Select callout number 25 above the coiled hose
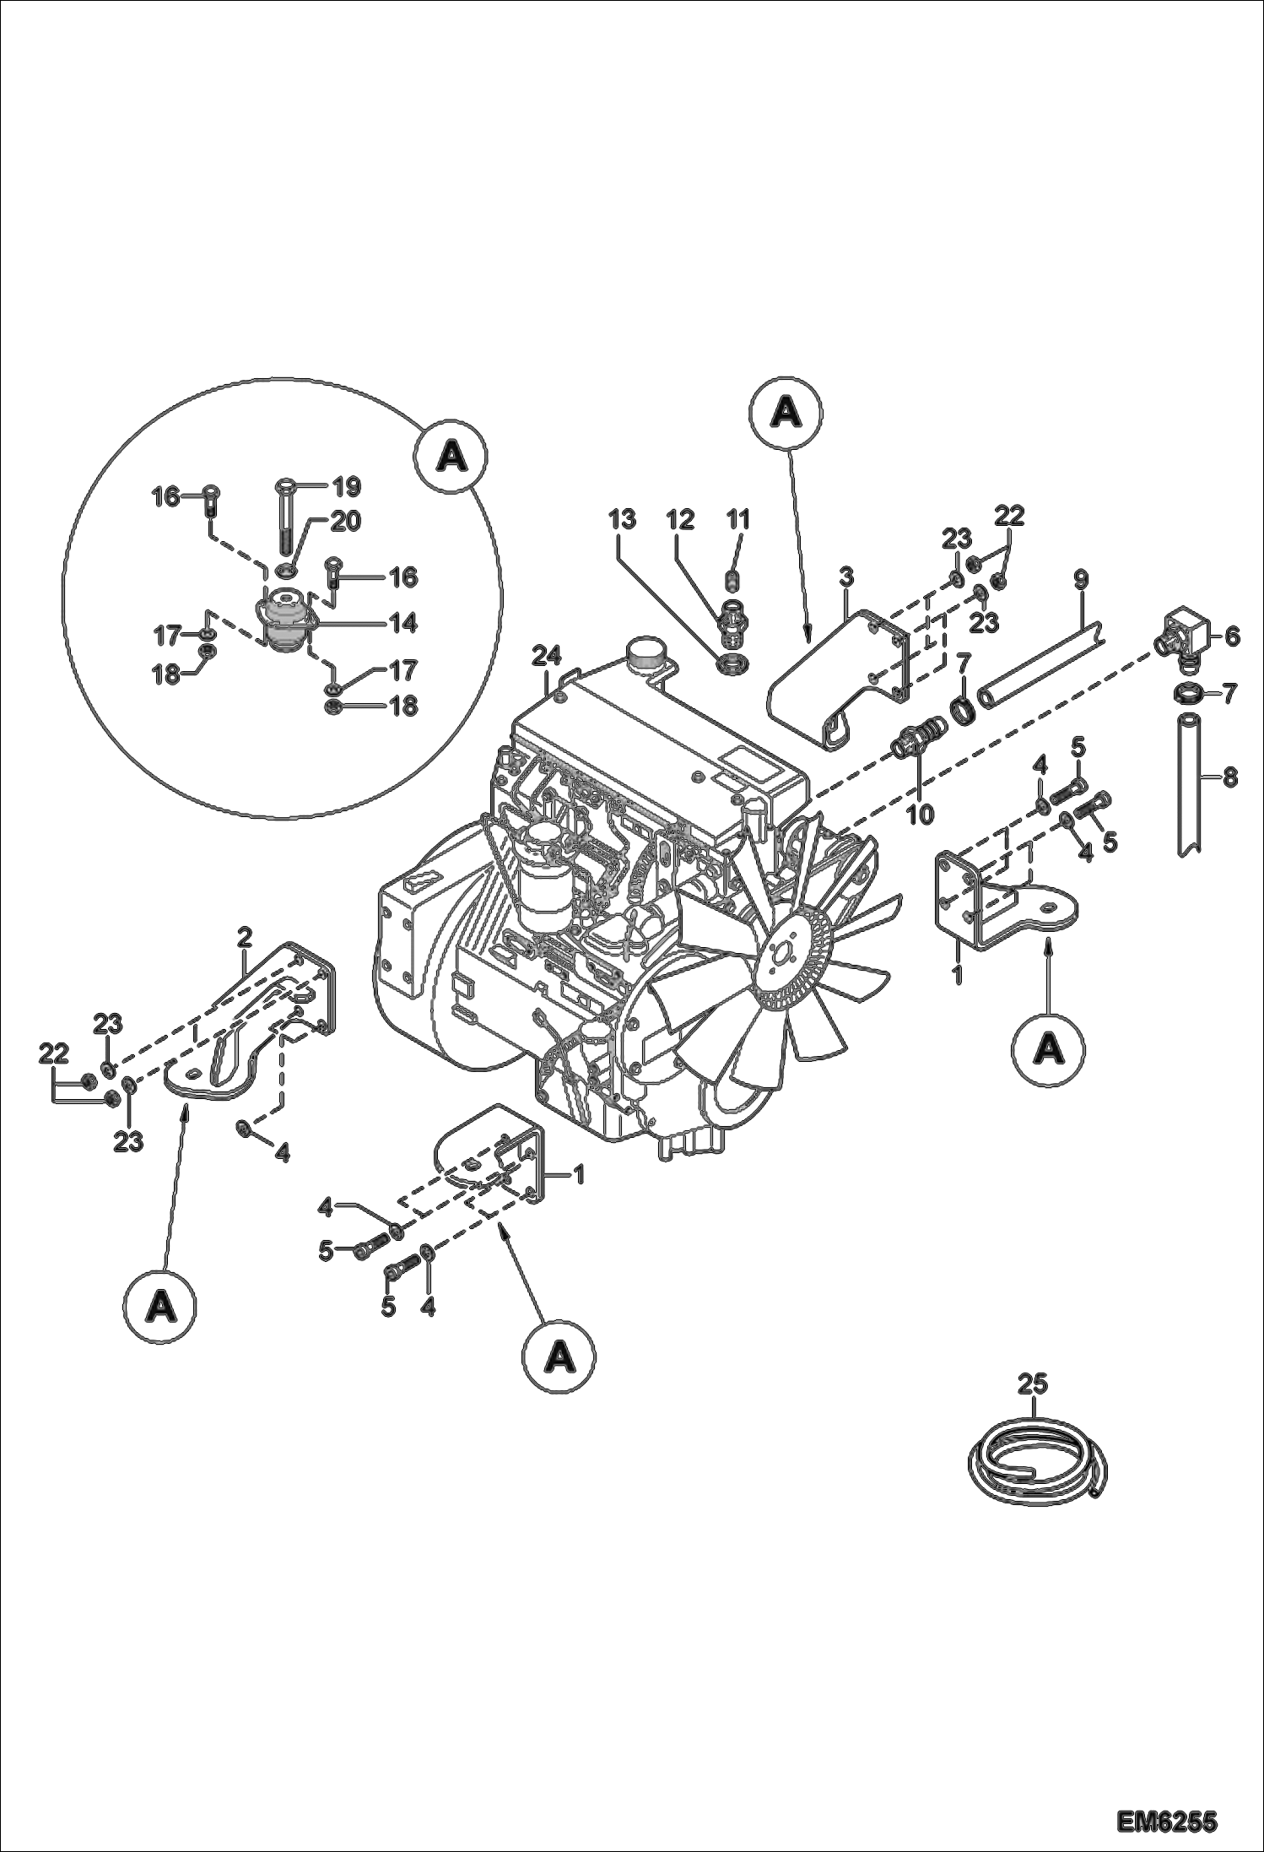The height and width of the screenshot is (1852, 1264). point(1032,1384)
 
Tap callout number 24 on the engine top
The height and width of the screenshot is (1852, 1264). point(547,655)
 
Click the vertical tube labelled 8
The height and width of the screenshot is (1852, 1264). point(1191,781)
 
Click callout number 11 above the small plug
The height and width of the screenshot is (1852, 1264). point(738,520)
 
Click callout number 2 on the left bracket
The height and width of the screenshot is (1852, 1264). point(244,935)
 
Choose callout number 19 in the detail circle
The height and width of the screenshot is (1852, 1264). point(346,486)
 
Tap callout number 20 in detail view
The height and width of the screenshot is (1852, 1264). point(346,521)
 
